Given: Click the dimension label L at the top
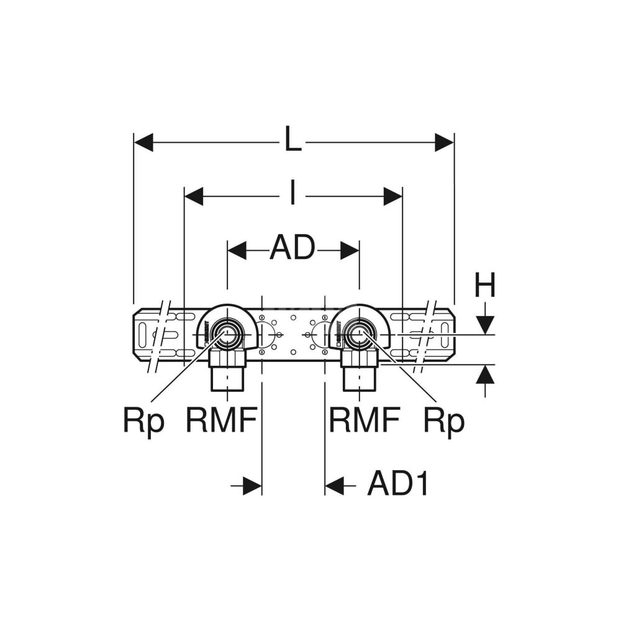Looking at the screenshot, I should coord(292,140).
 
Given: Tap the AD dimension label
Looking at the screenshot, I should coord(292,249).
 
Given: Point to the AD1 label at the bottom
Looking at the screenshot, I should coord(398,484).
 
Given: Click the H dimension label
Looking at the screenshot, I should coord(485,286).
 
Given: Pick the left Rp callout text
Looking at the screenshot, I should coord(143,422).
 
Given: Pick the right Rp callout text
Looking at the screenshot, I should coord(443,422).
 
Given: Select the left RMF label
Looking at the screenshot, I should coord(221,420).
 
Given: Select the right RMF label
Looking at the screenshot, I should coord(365,420).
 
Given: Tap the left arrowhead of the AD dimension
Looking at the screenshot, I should coord(237,250).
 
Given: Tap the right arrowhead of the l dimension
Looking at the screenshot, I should coord(393,196).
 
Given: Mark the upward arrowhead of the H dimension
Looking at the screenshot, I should coord(485,374).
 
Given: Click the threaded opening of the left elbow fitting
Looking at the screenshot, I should coord(225,333).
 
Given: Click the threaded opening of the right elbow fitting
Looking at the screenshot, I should coord(358,333).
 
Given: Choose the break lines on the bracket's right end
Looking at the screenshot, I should coord(426,335).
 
